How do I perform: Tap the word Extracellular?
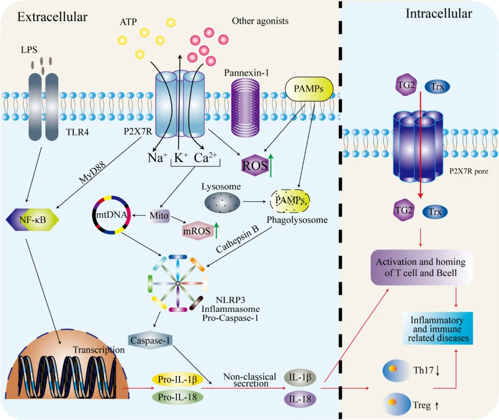(52, 18)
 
